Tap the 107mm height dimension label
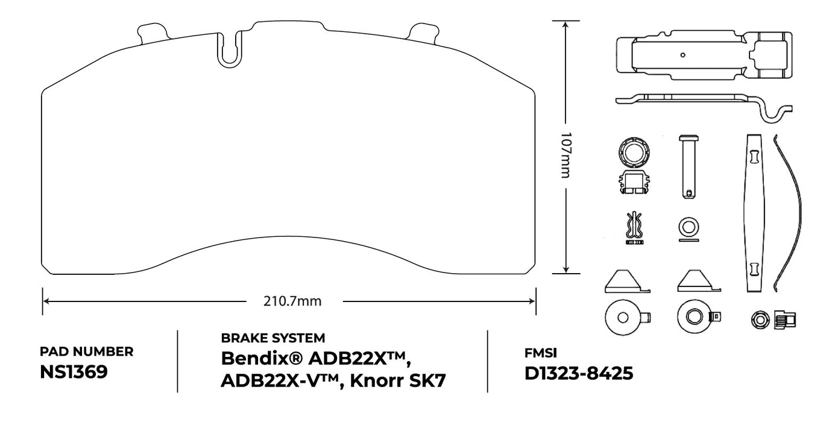click(x=566, y=155)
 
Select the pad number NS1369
click(x=74, y=372)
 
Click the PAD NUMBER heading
click(x=86, y=351)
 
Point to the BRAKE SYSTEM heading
click(x=273, y=338)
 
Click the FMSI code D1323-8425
click(x=579, y=374)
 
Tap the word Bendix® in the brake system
click(x=260, y=358)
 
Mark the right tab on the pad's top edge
click(x=423, y=33)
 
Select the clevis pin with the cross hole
click(x=689, y=166)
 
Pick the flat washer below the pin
click(x=689, y=227)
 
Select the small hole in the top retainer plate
click(x=683, y=55)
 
